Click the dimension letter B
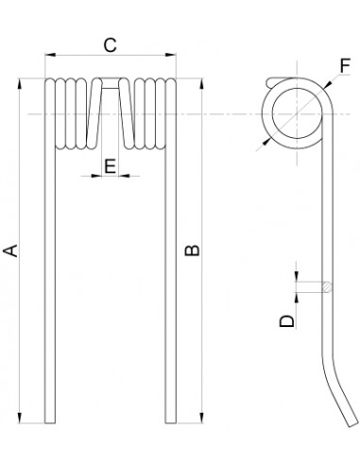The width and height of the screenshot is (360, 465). pyautogui.click(x=192, y=250)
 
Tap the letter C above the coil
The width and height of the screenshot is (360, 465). pyautogui.click(x=110, y=45)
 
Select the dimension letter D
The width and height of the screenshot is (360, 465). pyautogui.click(x=287, y=321)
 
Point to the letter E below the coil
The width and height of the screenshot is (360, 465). pyautogui.click(x=110, y=166)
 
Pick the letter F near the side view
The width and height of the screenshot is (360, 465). pyautogui.click(x=345, y=66)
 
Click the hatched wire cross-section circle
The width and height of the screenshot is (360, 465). pyautogui.click(x=327, y=286)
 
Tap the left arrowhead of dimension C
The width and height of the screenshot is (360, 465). pyautogui.click(x=50, y=55)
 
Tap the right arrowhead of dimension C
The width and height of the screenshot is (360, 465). pyautogui.click(x=171, y=55)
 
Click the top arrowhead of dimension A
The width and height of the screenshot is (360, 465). pyautogui.click(x=20, y=84)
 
